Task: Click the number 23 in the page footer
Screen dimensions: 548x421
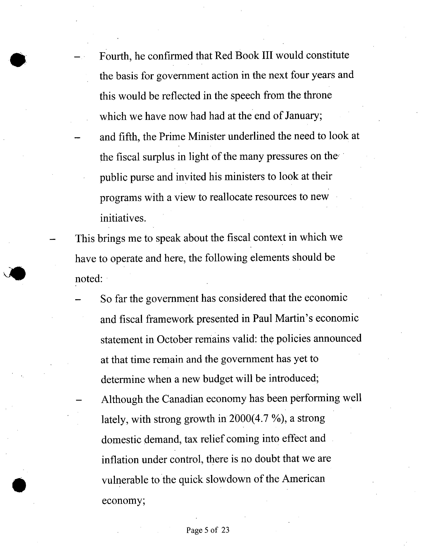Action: pyautogui.click(x=225, y=530)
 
